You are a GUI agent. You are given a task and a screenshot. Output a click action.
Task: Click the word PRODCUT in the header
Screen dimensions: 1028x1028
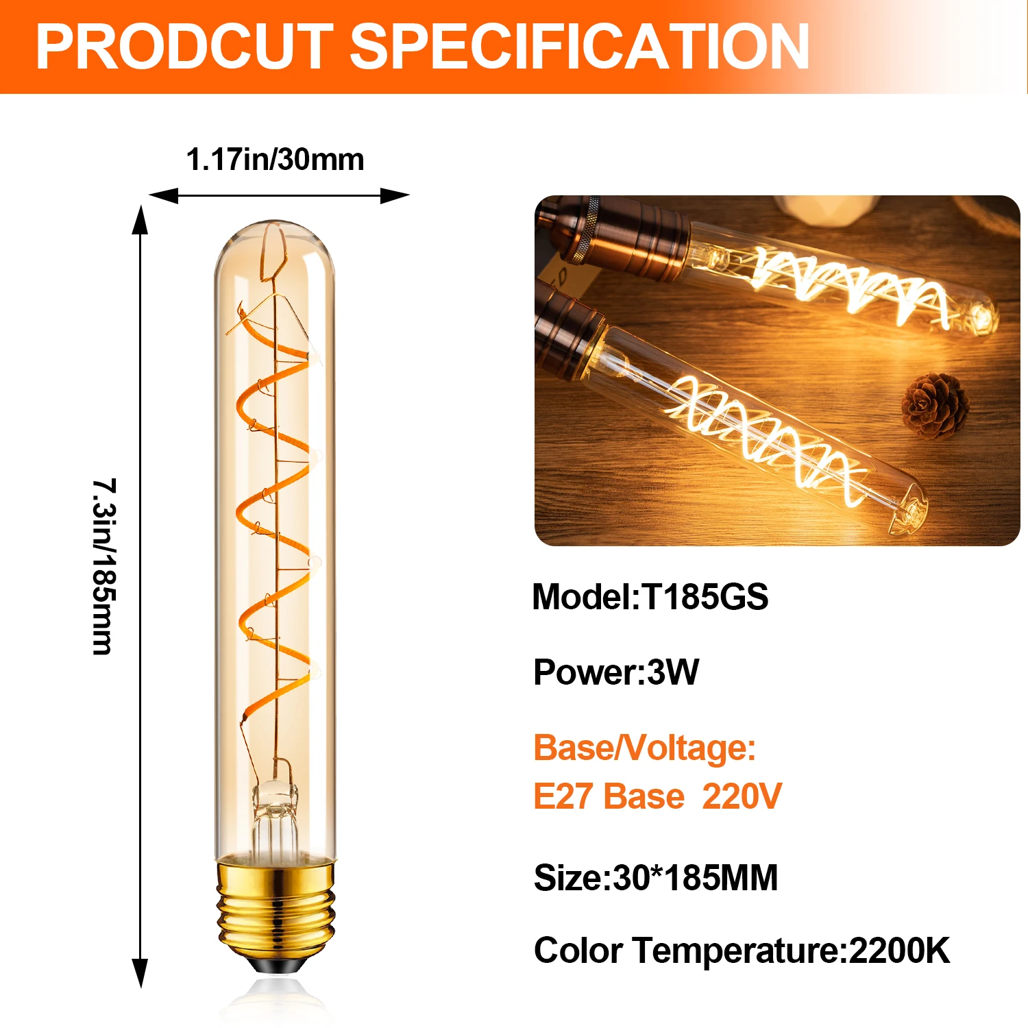184,47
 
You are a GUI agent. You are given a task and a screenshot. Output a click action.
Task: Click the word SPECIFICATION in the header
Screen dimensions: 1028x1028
581,47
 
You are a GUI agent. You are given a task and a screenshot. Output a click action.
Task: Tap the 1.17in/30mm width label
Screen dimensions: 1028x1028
275,160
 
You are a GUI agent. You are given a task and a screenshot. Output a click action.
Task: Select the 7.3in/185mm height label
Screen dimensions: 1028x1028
104,566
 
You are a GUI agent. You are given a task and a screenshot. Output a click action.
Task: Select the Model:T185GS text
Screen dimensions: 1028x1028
650,597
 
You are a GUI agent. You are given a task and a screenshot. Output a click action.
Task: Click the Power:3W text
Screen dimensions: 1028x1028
615,672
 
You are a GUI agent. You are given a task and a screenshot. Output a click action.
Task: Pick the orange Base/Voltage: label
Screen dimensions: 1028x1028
644,748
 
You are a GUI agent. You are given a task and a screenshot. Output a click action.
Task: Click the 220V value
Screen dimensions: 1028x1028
742,796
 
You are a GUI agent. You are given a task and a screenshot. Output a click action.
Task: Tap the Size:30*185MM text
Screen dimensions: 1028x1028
656,878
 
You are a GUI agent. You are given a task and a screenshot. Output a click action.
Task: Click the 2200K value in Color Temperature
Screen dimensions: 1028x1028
899,951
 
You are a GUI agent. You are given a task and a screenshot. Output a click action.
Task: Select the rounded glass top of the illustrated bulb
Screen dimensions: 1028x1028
275,240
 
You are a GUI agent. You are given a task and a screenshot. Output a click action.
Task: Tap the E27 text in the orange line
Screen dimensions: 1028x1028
563,796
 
